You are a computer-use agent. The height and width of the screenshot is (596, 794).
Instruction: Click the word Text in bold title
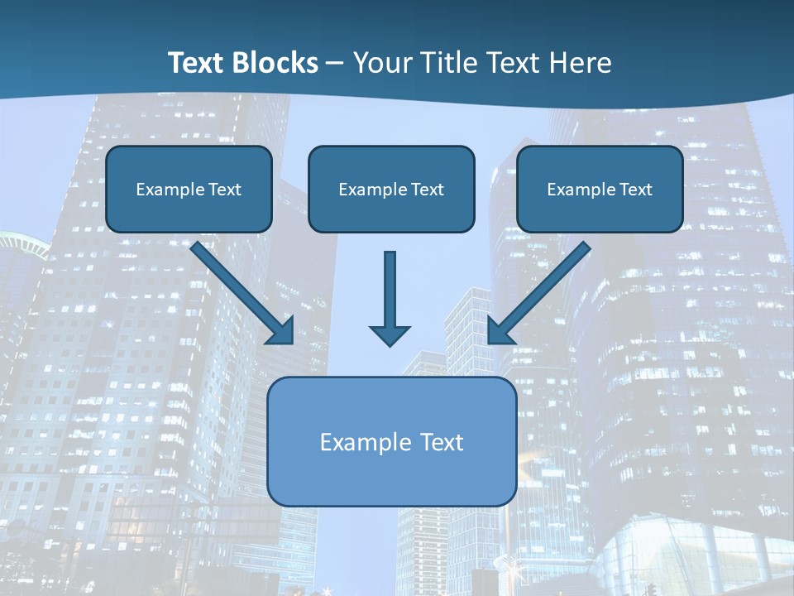[x=195, y=63]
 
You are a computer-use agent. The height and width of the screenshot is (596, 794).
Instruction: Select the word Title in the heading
[x=449, y=63]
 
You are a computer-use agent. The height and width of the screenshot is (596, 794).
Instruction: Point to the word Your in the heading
[x=383, y=63]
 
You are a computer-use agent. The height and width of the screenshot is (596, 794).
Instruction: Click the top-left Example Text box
[x=189, y=190]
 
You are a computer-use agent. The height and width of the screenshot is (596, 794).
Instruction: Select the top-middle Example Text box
[x=391, y=190]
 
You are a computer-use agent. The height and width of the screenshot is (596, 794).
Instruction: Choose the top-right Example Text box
[x=600, y=190]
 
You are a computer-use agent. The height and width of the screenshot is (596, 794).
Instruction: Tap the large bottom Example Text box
[x=391, y=441]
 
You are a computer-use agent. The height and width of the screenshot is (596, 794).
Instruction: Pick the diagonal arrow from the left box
[x=240, y=290]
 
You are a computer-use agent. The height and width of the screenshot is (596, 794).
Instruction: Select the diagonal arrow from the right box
[x=542, y=290]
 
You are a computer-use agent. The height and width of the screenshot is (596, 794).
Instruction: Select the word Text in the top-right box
[x=635, y=190]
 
